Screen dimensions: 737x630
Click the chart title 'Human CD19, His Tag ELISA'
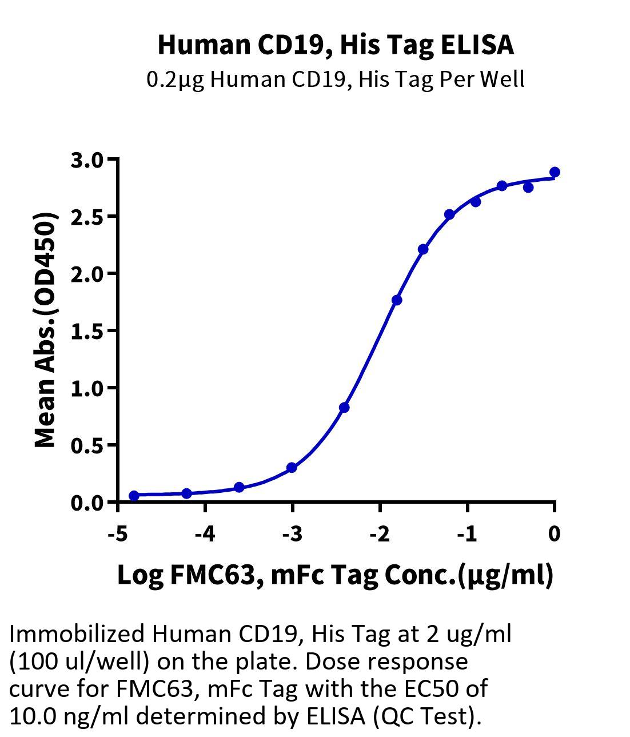click(336, 45)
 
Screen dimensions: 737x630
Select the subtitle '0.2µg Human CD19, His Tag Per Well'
click(336, 79)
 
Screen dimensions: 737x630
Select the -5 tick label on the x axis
click(117, 534)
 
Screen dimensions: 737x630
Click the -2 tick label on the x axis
click(379, 534)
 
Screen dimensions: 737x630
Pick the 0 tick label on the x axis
click(554, 534)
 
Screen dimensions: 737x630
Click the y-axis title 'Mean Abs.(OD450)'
click(46, 330)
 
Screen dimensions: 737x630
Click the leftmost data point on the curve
click(134, 496)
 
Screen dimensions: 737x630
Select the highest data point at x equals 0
click(555, 172)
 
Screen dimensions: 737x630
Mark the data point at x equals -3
click(292, 468)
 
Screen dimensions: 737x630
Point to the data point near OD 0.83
click(344, 408)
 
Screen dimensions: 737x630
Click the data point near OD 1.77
click(397, 300)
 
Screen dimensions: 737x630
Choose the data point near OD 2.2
click(423, 249)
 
